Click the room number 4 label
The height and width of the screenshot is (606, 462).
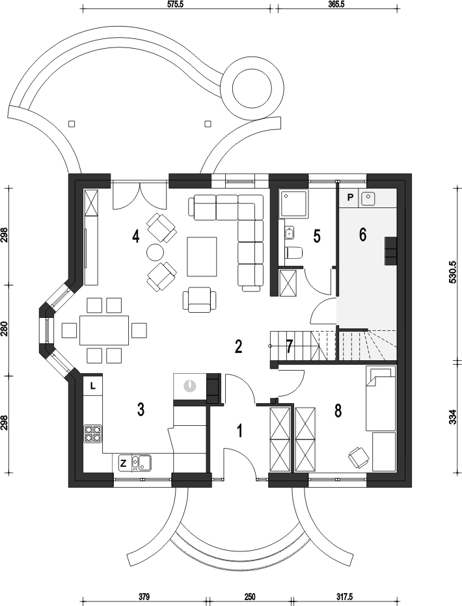coord(135,236)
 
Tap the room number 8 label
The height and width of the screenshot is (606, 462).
coord(338,411)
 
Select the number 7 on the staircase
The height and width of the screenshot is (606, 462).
coord(290,346)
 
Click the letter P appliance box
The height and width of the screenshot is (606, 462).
coord(350,198)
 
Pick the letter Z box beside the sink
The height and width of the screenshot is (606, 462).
coord(122,464)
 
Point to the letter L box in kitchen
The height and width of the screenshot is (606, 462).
coord(93,386)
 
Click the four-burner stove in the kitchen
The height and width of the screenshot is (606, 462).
coord(93,433)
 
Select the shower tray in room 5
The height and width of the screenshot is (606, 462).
coord(294,204)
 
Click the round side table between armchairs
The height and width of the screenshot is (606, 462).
coord(156,253)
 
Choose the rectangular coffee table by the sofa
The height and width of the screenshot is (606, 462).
coord(202,257)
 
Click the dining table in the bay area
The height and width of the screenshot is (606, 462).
coord(104,330)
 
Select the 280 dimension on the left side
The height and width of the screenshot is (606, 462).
coord(5,330)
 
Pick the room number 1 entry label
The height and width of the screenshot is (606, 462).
coord(239,430)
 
